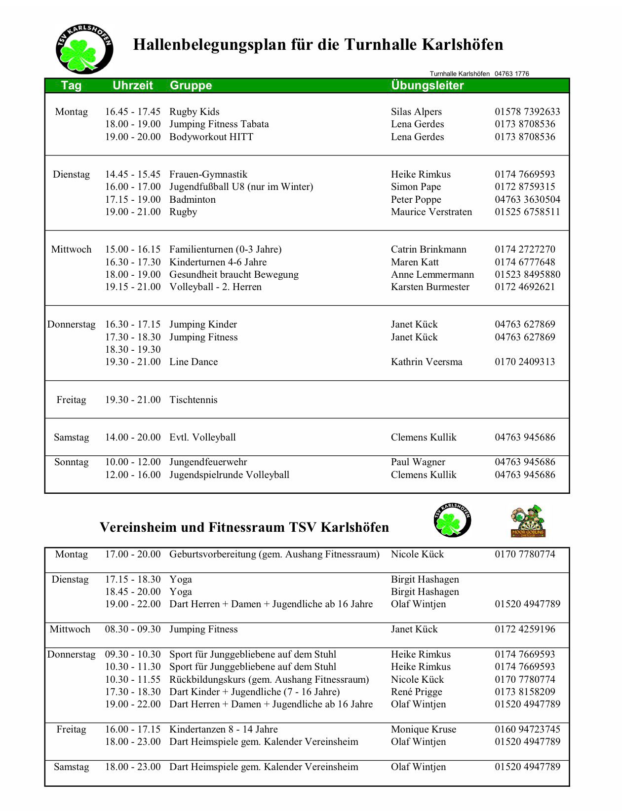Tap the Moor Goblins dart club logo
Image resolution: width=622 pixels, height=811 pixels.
click(x=528, y=521)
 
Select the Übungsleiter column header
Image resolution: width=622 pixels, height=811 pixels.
click(x=427, y=85)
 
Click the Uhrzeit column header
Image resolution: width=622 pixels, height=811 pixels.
click(x=132, y=85)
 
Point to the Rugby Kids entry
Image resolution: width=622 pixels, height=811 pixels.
click(x=194, y=112)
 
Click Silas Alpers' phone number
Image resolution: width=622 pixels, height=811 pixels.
click(x=527, y=112)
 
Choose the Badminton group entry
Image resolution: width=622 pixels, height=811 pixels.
click(x=192, y=199)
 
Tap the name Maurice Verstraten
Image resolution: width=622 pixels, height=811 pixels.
click(x=431, y=212)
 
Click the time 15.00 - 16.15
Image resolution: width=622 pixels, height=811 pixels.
click(x=132, y=249)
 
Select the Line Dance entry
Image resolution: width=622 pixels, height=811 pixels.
click(x=193, y=362)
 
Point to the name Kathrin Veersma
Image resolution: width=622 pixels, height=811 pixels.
click(x=426, y=362)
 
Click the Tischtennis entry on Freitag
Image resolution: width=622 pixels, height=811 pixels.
click(x=193, y=400)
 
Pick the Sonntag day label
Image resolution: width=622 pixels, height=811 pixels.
click(x=71, y=462)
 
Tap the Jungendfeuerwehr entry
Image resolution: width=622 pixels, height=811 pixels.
click(x=208, y=462)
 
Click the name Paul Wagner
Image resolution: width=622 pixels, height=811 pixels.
click(x=418, y=462)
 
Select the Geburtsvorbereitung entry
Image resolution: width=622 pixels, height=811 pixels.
click(x=274, y=554)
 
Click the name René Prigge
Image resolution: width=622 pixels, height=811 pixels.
click(x=416, y=692)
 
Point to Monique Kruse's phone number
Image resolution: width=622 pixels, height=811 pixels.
click(x=527, y=729)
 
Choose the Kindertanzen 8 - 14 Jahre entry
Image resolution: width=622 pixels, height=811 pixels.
click(x=223, y=729)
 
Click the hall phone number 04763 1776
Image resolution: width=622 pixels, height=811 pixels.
click(x=511, y=74)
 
